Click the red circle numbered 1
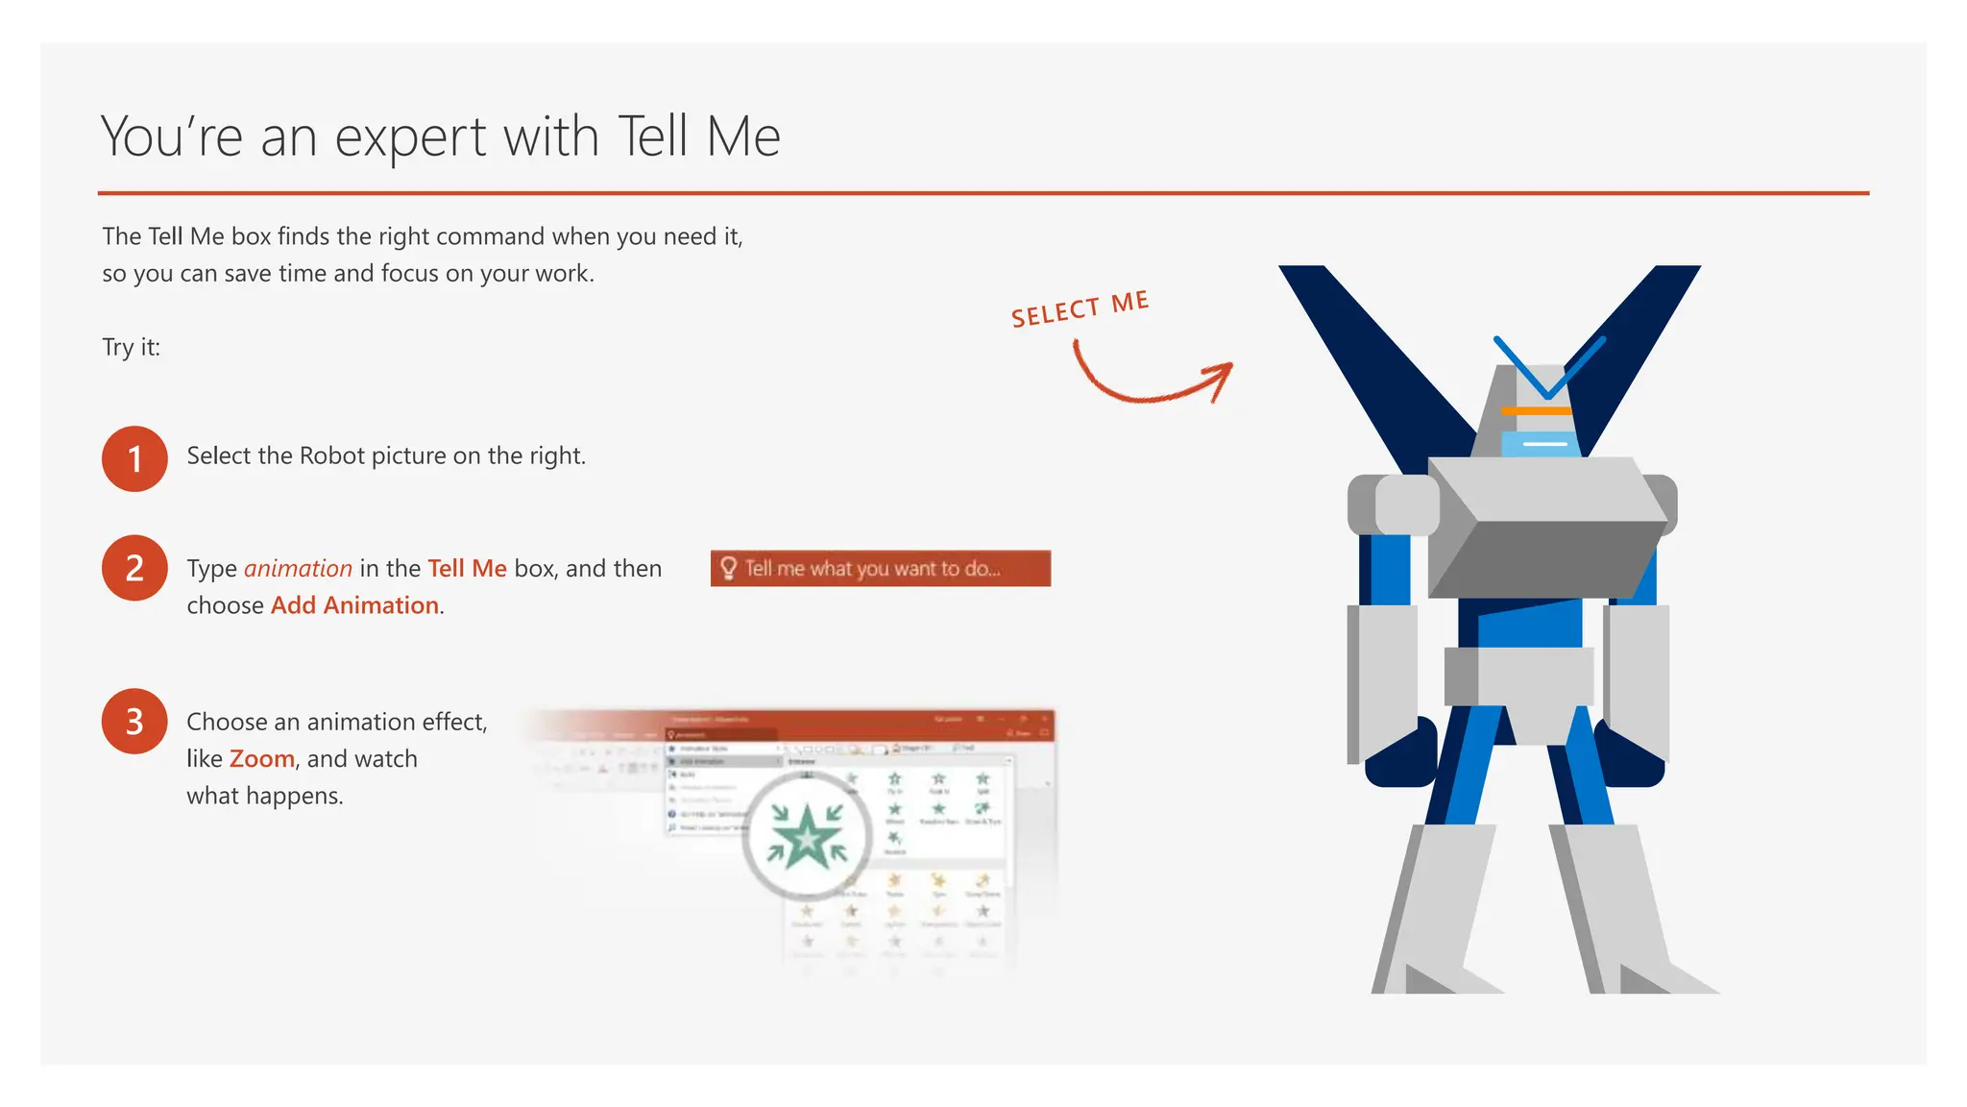click(134, 458)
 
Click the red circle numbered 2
click(134, 568)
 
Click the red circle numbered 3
click(134, 721)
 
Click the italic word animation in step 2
click(298, 569)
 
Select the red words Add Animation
click(355, 605)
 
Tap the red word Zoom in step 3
click(261, 759)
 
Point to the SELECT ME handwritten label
click(1080, 309)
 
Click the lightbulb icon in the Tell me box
click(728, 568)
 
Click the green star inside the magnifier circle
click(807, 836)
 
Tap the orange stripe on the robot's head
click(1536, 411)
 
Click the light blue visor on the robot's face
click(1540, 444)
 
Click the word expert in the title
click(411, 137)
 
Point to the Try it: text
click(132, 347)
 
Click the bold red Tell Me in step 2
click(467, 569)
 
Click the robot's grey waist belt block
click(1518, 676)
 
